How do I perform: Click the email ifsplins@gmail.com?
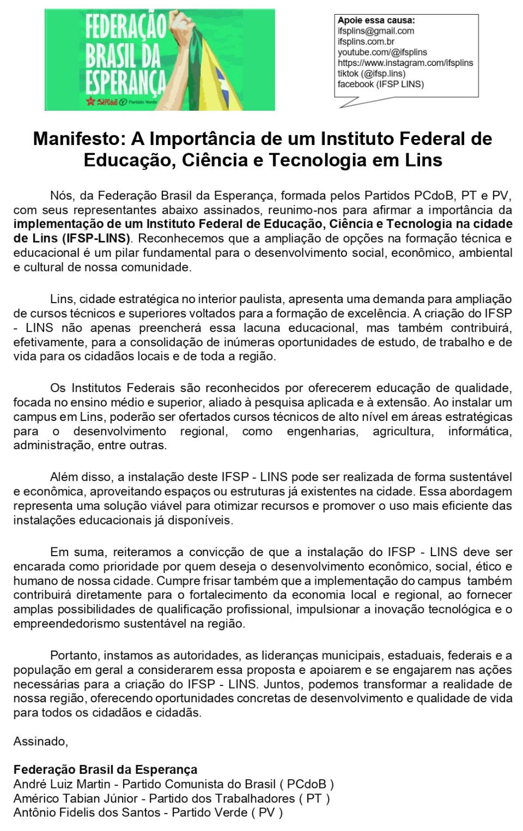point(375,31)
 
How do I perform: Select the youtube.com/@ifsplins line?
point(382,52)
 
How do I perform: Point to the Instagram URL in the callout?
point(405,63)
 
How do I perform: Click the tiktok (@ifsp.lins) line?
point(371,74)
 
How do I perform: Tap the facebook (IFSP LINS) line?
point(380,84)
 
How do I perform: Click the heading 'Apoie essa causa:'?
point(376,21)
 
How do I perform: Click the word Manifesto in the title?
point(78,139)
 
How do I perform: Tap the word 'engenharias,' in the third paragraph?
point(323,431)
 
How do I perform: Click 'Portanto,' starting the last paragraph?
point(75,655)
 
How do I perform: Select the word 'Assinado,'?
point(41,742)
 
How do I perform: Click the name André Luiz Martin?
point(62,785)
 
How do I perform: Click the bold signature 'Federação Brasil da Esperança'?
point(105,770)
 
